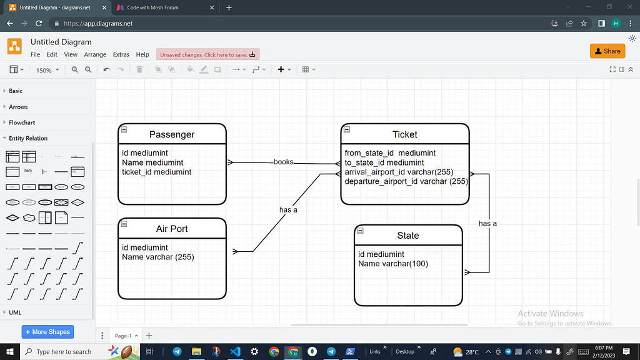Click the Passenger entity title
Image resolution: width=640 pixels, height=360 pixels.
tap(172, 134)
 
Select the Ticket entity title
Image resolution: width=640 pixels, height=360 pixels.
tap(405, 134)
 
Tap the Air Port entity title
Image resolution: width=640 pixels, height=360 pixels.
tap(172, 229)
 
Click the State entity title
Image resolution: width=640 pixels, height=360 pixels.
tap(408, 236)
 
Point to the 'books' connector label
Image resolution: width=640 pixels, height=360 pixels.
tap(283, 162)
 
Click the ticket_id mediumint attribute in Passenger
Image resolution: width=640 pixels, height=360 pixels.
tap(156, 172)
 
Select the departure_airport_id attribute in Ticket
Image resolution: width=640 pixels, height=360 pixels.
tap(406, 182)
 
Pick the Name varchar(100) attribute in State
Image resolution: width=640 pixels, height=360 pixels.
tap(392, 264)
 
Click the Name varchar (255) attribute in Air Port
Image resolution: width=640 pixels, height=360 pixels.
tap(157, 257)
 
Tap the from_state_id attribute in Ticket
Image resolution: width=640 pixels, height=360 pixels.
tap(390, 153)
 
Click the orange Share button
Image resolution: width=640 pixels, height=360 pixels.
tap(607, 51)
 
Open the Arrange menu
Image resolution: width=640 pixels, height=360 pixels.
tap(95, 55)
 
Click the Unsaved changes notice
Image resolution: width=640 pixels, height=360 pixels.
tap(207, 55)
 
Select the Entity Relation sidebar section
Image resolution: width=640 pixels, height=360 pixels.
tap(28, 138)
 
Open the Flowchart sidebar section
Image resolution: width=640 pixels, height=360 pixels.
tap(22, 122)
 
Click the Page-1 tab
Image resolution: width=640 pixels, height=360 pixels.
tap(124, 336)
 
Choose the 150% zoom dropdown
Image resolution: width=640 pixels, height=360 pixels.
tap(47, 70)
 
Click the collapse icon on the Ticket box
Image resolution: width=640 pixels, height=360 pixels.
tap(347, 129)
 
